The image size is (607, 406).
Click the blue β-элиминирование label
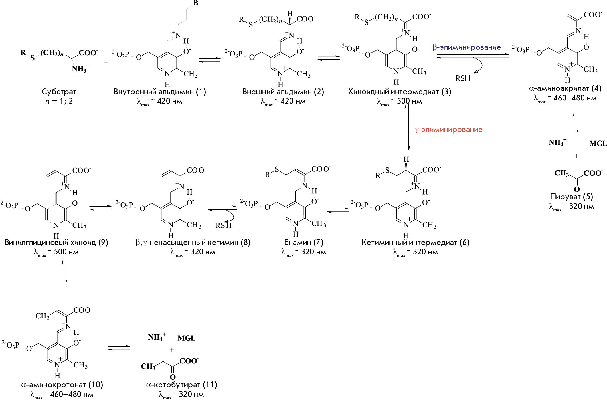point(467,47)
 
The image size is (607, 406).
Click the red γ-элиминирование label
point(448,130)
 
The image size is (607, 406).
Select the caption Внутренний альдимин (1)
point(160,92)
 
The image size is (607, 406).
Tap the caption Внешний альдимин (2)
point(283,92)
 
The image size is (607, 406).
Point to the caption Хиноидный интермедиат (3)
point(400,92)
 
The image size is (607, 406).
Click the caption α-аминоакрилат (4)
point(565,88)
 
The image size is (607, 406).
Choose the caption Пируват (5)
point(572,197)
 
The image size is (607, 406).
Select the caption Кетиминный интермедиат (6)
point(415,242)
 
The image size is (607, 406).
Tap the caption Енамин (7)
point(304,242)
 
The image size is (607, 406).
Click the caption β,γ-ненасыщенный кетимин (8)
point(193,242)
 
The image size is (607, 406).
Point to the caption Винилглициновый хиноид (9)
point(56,242)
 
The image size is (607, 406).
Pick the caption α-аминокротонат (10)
point(62,385)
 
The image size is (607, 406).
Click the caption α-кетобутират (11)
point(181,385)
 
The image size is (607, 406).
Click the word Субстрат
point(59,92)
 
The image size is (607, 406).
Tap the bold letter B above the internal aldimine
point(196,3)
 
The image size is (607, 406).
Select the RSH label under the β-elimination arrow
point(463,78)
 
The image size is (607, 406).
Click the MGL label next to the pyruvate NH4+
point(598,143)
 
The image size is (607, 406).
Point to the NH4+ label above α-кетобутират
point(157,337)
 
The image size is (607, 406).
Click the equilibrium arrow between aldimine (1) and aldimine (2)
point(210,60)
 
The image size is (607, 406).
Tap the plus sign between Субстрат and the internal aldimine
point(106,63)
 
